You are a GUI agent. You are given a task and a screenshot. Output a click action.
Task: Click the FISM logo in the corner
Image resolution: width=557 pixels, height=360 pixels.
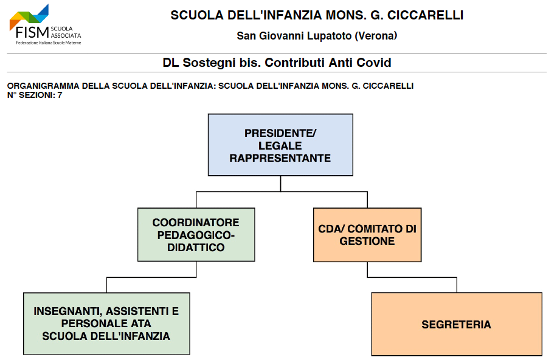(x=46, y=24)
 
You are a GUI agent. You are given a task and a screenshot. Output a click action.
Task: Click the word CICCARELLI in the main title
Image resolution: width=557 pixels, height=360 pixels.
(x=425, y=15)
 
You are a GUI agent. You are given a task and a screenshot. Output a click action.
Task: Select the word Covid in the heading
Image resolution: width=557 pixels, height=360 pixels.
(x=374, y=63)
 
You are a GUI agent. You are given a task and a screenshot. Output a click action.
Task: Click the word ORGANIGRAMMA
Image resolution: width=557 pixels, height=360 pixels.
(x=43, y=86)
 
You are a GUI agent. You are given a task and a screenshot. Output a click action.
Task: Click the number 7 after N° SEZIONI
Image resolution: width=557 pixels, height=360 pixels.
(x=60, y=95)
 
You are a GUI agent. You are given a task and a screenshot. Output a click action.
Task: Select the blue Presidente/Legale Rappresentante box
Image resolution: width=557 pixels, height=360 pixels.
(x=280, y=145)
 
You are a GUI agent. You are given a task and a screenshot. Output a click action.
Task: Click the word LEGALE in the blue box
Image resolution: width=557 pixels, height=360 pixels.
(x=280, y=146)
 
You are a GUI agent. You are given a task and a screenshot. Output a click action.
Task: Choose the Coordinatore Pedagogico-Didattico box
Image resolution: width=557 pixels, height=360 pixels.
(x=196, y=235)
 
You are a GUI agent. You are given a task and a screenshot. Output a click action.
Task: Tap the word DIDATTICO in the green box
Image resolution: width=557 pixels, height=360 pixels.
(x=196, y=247)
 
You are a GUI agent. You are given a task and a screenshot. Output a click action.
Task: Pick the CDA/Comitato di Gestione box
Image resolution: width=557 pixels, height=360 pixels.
(x=367, y=235)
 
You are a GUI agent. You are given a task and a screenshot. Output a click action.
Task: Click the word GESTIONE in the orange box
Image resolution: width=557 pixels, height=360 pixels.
(x=367, y=241)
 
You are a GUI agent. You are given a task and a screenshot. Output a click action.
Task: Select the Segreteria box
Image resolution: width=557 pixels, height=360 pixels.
(x=457, y=324)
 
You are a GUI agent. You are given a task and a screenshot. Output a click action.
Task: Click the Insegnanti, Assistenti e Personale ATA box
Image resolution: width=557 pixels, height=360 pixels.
(x=106, y=324)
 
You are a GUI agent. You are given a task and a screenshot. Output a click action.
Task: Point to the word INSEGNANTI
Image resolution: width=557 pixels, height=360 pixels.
(x=67, y=311)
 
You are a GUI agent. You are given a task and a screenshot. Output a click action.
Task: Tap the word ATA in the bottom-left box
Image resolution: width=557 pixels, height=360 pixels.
(x=142, y=324)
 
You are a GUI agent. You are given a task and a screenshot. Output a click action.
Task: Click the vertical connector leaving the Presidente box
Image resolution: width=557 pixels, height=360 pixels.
(x=281, y=184)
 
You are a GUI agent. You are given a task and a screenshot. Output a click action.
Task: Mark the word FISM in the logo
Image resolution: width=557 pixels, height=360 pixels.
(x=32, y=32)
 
